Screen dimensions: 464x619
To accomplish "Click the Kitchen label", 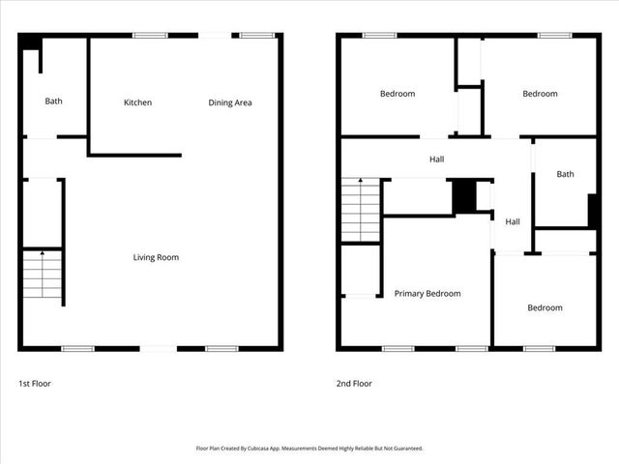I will click(137, 102).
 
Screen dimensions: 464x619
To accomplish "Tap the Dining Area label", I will click(230, 102).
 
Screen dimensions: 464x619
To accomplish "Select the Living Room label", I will click(156, 257).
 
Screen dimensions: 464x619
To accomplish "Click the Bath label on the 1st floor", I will click(53, 101).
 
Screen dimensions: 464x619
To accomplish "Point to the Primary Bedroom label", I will click(427, 293).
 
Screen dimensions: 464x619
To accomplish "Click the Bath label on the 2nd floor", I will click(565, 174).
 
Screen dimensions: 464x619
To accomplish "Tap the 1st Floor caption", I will click(35, 384).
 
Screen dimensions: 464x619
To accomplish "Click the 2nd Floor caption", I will click(354, 384).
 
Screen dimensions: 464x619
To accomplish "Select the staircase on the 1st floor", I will click(42, 275).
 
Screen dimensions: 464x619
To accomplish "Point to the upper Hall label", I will click(437, 159).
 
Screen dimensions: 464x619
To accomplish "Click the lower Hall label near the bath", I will click(513, 221).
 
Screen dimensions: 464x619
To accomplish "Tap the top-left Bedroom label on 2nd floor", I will click(397, 94).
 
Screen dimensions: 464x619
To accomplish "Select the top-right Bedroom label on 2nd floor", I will click(540, 94).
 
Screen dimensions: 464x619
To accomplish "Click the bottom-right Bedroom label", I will click(545, 307).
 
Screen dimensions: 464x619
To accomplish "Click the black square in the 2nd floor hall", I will click(465, 196).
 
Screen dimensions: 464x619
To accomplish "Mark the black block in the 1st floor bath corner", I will click(29, 43).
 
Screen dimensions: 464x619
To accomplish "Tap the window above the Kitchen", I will click(149, 36).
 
